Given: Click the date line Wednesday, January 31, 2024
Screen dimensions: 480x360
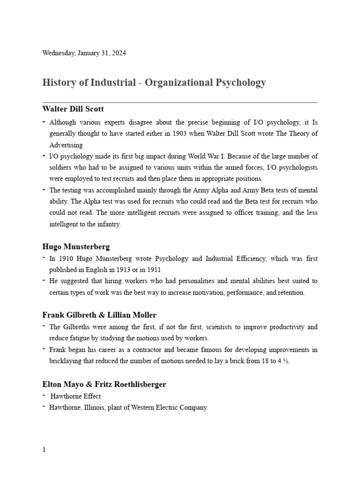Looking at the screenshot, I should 84,53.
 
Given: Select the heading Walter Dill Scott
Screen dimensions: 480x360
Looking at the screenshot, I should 73,109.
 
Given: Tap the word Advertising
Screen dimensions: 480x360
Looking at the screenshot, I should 66,145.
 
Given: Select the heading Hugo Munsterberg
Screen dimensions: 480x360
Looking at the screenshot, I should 76,246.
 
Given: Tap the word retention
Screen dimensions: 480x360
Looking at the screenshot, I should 289,292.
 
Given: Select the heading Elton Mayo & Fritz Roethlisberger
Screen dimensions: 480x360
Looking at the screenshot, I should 104,384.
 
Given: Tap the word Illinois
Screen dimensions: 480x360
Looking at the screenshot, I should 95,407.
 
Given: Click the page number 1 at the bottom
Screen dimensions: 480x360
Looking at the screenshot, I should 44,450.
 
